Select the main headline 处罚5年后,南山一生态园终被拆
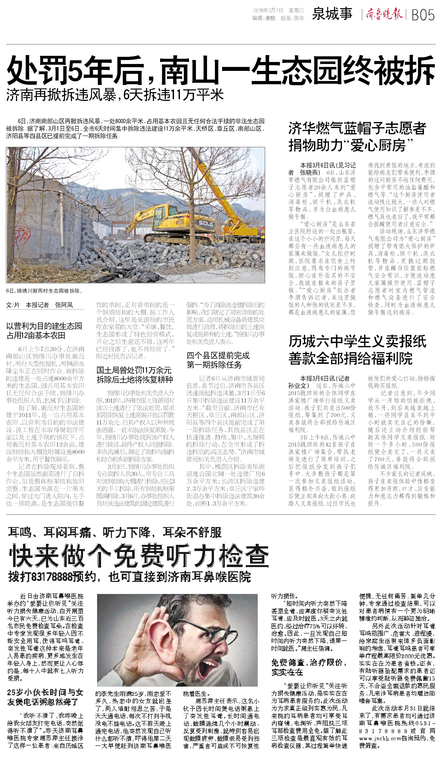[x=220, y=70]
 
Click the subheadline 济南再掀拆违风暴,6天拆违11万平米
[x=115, y=95]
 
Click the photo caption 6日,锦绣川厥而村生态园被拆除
[x=44, y=291]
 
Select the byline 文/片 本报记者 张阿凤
[x=39, y=305]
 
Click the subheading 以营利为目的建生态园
[x=44, y=326]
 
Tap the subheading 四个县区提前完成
[x=218, y=356]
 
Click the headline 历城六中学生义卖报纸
[x=357, y=342]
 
